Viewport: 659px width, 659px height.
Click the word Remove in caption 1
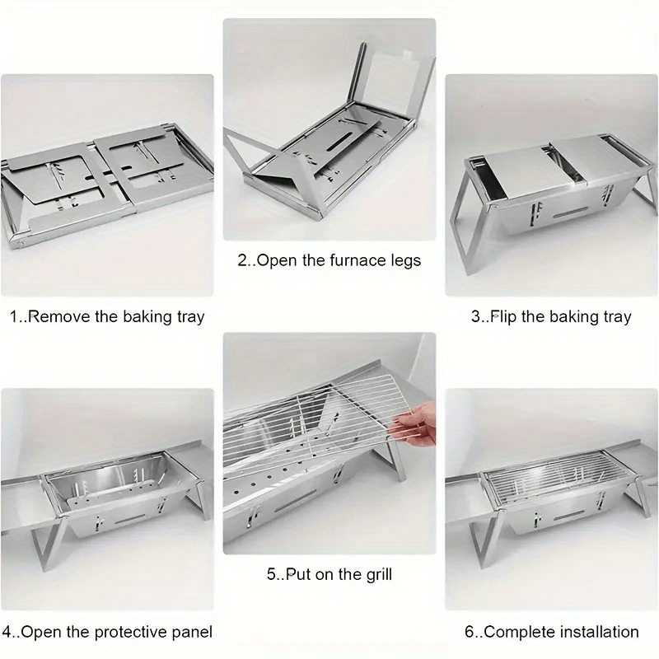click(60, 316)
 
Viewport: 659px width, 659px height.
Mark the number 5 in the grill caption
click(271, 574)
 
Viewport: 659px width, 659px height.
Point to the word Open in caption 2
click(277, 261)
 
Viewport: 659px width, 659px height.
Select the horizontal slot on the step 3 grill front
click(569, 213)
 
